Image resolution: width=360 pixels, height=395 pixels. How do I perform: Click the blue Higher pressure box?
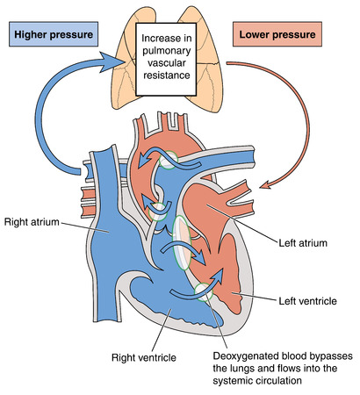(50, 40)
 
